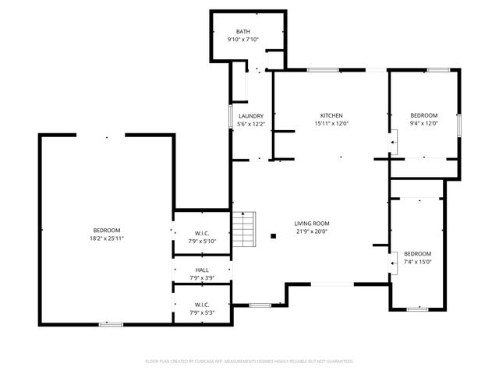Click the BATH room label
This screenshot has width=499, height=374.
coord(243,31)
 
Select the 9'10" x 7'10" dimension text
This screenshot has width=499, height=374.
coord(243,40)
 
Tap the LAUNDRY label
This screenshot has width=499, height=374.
coord(251,116)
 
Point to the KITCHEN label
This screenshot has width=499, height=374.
coord(331,115)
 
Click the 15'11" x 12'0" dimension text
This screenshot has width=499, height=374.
coord(331,123)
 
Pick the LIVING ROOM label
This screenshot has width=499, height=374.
coord(311,223)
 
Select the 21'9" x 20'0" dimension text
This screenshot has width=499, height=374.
coord(311,231)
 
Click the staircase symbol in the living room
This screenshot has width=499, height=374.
coord(244,229)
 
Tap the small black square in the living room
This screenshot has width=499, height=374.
coord(273,236)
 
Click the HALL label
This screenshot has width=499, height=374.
coord(202,270)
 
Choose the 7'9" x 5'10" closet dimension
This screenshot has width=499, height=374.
coord(202,242)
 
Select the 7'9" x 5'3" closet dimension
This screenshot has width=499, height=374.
coord(202,312)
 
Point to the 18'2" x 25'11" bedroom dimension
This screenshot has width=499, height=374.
coord(107,238)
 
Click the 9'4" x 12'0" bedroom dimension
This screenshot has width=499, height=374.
coord(424,123)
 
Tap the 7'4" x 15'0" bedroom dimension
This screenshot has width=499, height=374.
coord(417,263)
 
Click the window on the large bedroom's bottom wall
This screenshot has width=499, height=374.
coord(110,324)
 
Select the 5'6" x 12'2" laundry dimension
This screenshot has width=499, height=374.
coord(251,125)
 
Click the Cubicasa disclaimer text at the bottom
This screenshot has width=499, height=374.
coord(249,362)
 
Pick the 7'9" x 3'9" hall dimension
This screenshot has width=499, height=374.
coord(202,278)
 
